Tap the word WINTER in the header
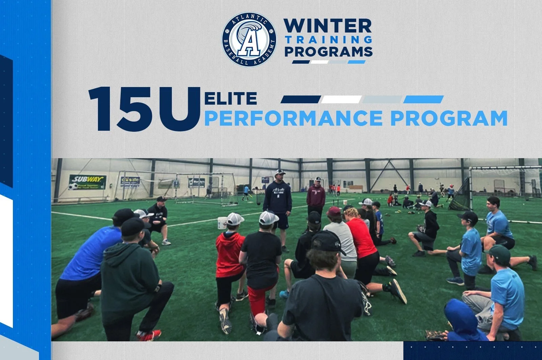327,26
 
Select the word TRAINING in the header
328,40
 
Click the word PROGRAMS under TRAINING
328,51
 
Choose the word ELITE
231,99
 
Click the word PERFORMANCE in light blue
293,118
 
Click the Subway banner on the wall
87,182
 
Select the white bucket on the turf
222,223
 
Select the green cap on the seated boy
499,254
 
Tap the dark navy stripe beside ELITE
300,99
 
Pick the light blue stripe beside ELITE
423,99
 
